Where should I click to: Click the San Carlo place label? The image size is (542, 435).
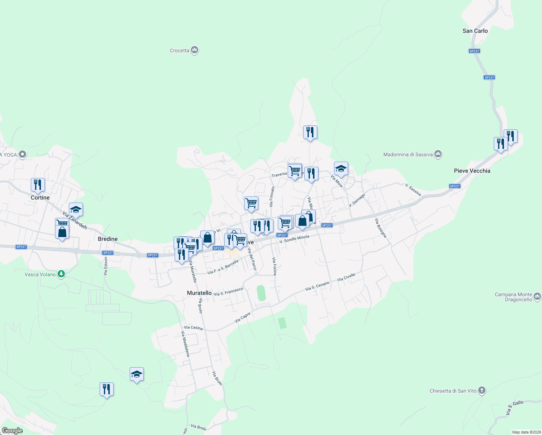[x=475, y=31]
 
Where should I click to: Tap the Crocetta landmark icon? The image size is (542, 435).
[x=195, y=50]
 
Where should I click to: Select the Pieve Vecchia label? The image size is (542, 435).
[x=472, y=171]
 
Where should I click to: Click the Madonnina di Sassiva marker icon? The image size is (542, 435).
[x=438, y=154]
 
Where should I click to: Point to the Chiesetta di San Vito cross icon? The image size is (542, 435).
[x=481, y=390]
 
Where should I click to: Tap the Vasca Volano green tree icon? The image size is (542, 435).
[x=61, y=274]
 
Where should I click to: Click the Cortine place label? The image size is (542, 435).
[x=40, y=198]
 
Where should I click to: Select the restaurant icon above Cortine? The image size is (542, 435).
[x=38, y=185]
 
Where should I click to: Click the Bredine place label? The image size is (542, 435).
[x=108, y=239]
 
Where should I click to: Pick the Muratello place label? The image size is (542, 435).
[x=199, y=293]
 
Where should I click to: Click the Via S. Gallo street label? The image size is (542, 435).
[x=515, y=408]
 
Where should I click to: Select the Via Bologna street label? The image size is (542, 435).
[x=381, y=228]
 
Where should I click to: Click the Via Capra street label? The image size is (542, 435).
[x=242, y=318]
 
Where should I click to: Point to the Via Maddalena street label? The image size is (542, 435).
[x=185, y=344]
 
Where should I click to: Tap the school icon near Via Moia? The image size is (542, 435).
[x=341, y=169]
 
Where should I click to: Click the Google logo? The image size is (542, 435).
[x=12, y=431]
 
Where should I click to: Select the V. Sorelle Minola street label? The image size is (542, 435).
[x=295, y=239]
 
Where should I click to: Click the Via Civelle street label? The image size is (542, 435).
[x=346, y=277]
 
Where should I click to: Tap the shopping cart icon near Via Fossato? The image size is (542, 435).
[x=251, y=203]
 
